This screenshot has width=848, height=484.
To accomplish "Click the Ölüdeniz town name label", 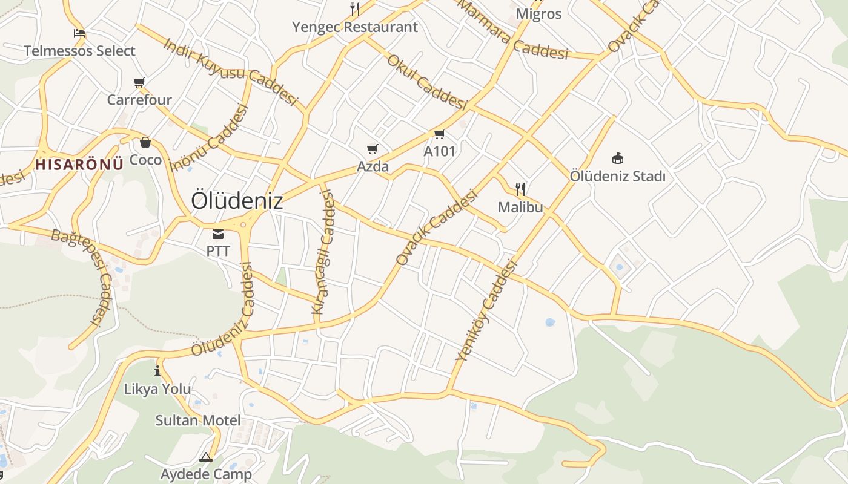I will point(237,201).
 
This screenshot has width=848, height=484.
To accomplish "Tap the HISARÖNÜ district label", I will point(79,163).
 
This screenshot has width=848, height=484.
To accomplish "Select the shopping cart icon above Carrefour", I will point(139,82).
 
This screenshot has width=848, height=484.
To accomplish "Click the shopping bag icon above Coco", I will point(145,143).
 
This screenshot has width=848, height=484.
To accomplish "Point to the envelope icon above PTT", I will point(217,234).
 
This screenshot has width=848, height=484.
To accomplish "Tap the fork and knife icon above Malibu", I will point(520,189).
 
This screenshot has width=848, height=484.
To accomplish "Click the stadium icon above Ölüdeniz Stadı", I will point(617,159).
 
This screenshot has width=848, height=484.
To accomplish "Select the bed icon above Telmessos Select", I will point(79,33).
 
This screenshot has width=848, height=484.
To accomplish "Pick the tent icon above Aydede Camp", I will point(206,457).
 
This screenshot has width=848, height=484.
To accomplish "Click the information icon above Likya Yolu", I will point(157,371).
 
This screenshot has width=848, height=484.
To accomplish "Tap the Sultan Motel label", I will point(198,420).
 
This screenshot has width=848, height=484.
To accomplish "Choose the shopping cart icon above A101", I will point(439,134).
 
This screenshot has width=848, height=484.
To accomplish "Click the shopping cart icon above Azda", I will point(373,149).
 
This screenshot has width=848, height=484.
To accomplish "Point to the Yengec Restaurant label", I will point(355,27).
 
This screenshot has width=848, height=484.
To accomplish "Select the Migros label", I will point(538,14).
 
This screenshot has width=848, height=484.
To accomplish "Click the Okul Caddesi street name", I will point(427,82).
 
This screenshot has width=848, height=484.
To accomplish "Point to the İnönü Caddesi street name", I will point(210,138).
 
